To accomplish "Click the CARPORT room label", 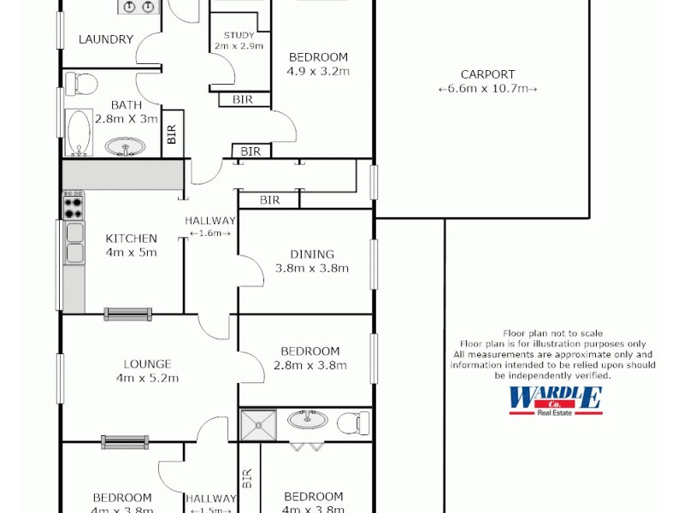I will [487, 74].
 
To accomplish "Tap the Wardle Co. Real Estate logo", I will [555, 400].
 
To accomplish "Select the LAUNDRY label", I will [106, 38].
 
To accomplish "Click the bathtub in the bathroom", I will [78, 133].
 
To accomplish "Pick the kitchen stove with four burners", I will [73, 205].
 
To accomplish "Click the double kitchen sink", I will [74, 242].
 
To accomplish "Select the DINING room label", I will [311, 254].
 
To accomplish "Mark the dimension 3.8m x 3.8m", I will [311, 268].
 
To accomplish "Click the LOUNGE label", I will [147, 363].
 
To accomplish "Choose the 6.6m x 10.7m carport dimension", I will [487, 88].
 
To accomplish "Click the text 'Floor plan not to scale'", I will [553, 333].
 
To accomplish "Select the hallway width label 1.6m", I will [209, 233].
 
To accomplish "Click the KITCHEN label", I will [131, 239].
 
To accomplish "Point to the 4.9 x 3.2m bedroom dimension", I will [318, 71].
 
